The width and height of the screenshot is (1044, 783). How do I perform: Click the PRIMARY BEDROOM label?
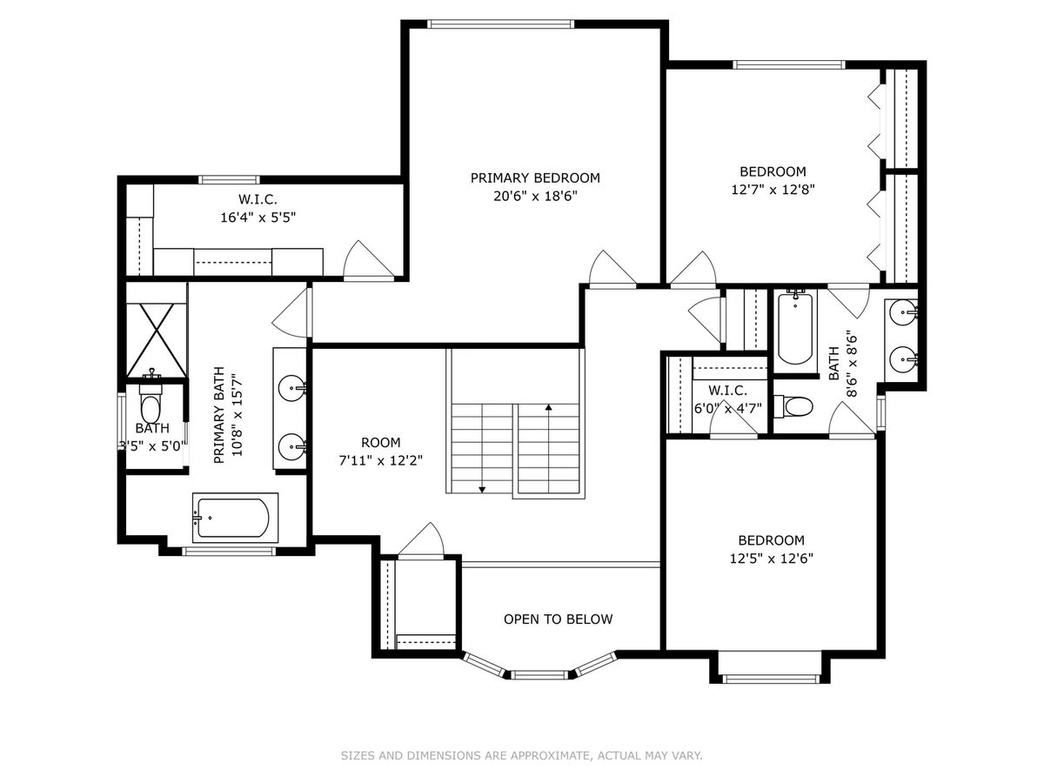(x=535, y=177)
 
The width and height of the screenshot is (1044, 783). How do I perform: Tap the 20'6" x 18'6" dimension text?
(x=535, y=196)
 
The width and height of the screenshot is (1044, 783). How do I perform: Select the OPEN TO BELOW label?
(x=558, y=619)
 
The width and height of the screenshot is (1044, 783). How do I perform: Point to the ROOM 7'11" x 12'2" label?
(x=380, y=452)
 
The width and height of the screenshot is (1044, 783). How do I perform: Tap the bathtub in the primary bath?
(x=234, y=518)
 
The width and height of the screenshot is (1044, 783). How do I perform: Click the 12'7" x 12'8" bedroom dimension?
(x=773, y=190)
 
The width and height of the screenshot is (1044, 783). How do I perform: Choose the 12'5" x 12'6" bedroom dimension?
(x=772, y=559)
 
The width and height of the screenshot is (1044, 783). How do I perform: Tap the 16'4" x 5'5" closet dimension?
(x=258, y=217)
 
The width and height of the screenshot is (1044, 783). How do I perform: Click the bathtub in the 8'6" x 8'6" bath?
(x=795, y=328)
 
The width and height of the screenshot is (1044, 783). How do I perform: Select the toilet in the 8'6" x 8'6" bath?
(x=793, y=406)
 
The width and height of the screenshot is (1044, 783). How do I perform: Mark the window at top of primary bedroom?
(x=500, y=24)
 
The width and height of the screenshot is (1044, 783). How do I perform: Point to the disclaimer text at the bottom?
(x=521, y=755)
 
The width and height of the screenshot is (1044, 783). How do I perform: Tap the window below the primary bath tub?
(x=229, y=552)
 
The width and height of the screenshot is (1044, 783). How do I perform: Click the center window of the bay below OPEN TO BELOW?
(x=539, y=674)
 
